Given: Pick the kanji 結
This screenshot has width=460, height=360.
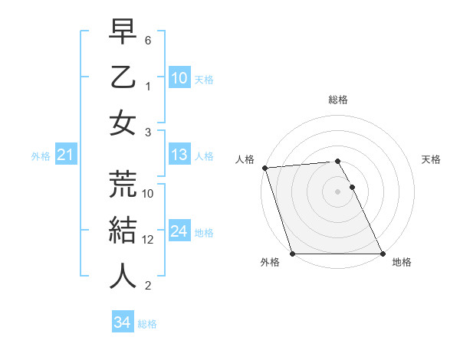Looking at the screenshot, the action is pyautogui.click(x=123, y=229).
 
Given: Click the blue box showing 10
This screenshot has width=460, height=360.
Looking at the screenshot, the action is pyautogui.click(x=179, y=78).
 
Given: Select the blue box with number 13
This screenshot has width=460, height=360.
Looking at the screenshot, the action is pyautogui.click(x=179, y=155).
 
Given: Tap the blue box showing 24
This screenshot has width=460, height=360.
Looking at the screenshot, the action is pyautogui.click(x=179, y=231).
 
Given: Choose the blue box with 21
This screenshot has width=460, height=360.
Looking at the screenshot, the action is pyautogui.click(x=65, y=155).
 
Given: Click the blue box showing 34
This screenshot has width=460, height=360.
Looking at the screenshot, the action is pyautogui.click(x=122, y=322).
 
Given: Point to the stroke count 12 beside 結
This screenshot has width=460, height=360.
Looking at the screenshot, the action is pyautogui.click(x=148, y=240).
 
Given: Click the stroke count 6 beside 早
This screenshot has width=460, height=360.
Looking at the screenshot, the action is pyautogui.click(x=148, y=39).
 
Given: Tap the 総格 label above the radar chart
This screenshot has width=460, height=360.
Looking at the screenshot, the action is pyautogui.click(x=337, y=100).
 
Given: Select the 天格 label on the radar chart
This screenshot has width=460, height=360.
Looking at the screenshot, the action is pyautogui.click(x=431, y=159).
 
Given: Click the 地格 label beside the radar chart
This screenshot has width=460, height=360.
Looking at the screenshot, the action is pyautogui.click(x=402, y=262).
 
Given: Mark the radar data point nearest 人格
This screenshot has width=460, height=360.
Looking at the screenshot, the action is pyautogui.click(x=264, y=168).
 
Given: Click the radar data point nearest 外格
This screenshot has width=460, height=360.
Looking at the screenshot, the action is pyautogui.click(x=292, y=254).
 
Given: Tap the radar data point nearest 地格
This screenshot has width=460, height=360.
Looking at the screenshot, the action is pyautogui.click(x=383, y=254).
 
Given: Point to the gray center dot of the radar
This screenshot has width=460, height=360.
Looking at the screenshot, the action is pyautogui.click(x=337, y=191).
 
